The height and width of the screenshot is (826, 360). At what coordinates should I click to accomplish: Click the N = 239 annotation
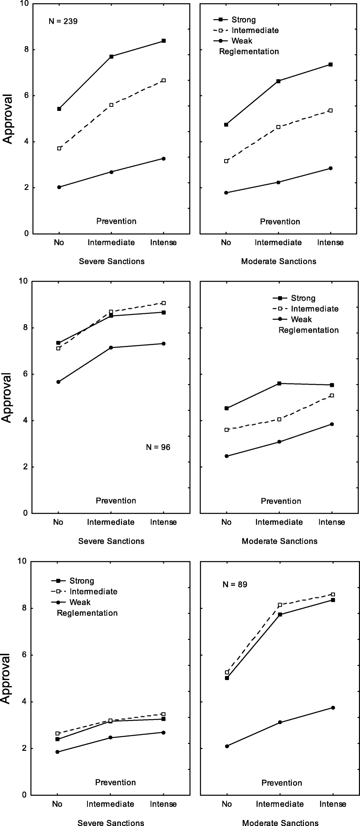(x=63, y=21)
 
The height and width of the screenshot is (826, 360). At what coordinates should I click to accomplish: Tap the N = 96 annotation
(x=158, y=447)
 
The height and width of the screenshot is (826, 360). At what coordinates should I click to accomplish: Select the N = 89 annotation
(x=235, y=584)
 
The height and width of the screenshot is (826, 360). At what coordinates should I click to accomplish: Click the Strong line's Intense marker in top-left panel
(x=164, y=41)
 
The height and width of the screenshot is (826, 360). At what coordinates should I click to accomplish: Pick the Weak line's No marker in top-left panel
(x=59, y=187)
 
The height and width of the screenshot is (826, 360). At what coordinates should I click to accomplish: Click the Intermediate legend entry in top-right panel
(x=254, y=30)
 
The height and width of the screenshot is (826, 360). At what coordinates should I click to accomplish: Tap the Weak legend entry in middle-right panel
(x=302, y=319)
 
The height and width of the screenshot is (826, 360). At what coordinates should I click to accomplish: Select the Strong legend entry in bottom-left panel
(x=81, y=581)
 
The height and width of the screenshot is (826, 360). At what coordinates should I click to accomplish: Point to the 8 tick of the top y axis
(x=26, y=50)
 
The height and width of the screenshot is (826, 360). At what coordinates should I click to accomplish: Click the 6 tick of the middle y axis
(x=26, y=374)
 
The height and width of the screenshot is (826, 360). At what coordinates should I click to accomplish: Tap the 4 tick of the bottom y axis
(x=26, y=702)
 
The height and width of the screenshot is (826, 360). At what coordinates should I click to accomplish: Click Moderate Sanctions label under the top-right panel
(x=279, y=261)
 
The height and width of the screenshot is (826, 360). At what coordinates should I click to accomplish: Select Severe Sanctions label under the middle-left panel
(x=111, y=541)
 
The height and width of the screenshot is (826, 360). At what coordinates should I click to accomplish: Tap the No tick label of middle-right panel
(x=227, y=522)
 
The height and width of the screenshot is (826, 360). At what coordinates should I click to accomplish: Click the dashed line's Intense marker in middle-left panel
(x=164, y=303)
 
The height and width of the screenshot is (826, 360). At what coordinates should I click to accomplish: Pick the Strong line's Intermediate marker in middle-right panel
(x=279, y=383)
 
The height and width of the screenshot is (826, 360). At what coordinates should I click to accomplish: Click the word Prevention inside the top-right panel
(x=280, y=221)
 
